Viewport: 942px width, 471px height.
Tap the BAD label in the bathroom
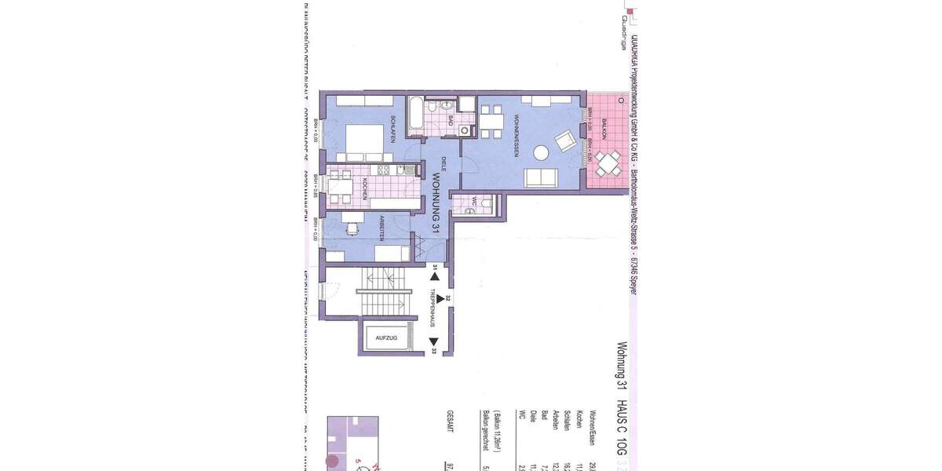(x=450, y=120)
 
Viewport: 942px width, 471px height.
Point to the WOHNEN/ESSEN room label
(x=516, y=135)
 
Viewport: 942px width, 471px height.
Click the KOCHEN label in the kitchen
(x=365, y=189)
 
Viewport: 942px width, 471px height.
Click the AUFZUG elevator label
(x=386, y=338)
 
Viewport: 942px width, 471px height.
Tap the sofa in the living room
(x=541, y=178)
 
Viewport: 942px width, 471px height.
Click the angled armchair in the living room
(x=565, y=142)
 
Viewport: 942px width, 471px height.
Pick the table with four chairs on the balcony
(x=608, y=164)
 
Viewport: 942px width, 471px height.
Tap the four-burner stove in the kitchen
(x=385, y=170)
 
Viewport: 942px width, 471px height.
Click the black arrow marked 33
(x=433, y=342)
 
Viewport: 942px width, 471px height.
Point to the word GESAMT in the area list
(x=450, y=421)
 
